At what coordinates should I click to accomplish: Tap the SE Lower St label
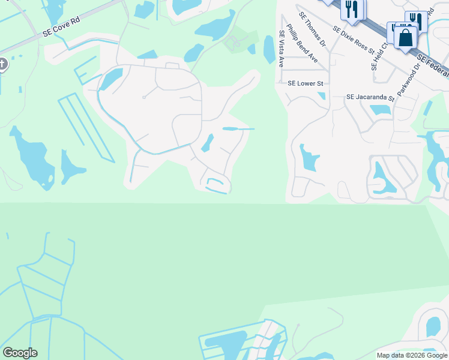pos(306,84)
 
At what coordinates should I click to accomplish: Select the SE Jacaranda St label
pos(370,97)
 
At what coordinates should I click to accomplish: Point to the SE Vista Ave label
pos(281,49)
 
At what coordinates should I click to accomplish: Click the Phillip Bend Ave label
pos(302,43)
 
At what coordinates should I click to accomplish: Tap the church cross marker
pos(2,64)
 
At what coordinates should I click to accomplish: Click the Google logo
pos(20,353)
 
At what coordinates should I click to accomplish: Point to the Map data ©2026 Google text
pos(412,355)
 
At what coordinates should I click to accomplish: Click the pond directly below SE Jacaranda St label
pos(380,110)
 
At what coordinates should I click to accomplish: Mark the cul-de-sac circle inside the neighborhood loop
pos(144,97)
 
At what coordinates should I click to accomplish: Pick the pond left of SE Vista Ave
pos(268,49)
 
